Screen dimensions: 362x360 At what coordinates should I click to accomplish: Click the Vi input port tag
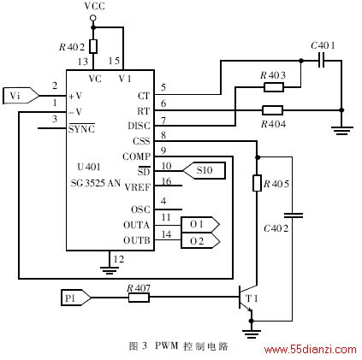coord(21,96)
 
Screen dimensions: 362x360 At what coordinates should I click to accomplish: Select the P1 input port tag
coord(76,298)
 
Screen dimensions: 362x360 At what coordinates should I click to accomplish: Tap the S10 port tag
coord(205,171)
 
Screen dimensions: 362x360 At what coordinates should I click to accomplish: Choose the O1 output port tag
coord(200,225)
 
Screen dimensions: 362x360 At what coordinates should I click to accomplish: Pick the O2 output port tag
coord(200,240)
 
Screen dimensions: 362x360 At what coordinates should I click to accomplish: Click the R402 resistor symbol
coord(93,46)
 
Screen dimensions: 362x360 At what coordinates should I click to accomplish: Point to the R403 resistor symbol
coord(274,87)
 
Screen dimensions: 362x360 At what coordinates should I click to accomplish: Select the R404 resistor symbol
coord(272,110)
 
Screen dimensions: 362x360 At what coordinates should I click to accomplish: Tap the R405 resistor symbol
coord(257,183)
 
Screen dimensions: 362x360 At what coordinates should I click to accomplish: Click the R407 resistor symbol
coord(139,298)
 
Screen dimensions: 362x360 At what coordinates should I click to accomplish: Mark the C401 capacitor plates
coord(322,61)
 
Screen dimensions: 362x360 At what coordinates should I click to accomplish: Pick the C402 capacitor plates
coord(293,215)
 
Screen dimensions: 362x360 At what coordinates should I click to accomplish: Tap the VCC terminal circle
coord(93,18)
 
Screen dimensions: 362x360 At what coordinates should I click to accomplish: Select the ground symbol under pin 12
coord(110,269)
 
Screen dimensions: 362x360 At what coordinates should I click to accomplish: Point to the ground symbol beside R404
coord(342,131)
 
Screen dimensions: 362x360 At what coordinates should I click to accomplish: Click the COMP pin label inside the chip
coord(136,156)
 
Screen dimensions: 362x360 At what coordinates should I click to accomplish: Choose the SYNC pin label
coord(81,129)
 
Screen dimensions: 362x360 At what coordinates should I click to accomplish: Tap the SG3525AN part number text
coord(96,183)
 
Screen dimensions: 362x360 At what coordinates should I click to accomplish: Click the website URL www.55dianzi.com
coord(310,350)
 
